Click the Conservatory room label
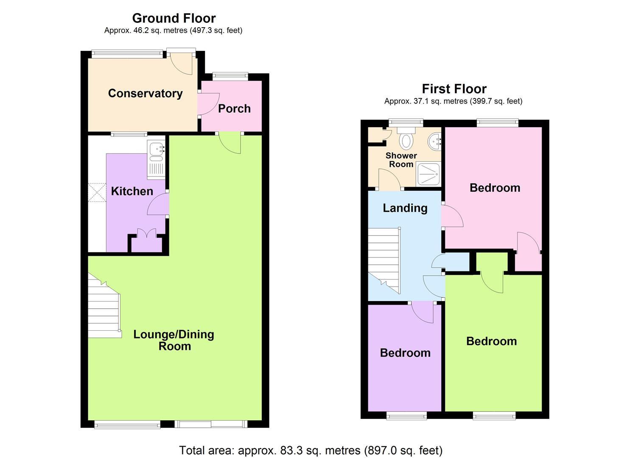click(x=145, y=93)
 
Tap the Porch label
click(x=234, y=109)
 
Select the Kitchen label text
click(x=132, y=191)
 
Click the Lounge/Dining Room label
click(x=174, y=340)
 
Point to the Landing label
click(x=405, y=208)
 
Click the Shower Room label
click(x=401, y=160)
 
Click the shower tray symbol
click(x=428, y=174)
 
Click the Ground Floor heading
click(x=174, y=18)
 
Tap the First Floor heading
click(x=454, y=89)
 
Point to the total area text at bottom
click(x=311, y=450)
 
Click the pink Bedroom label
click(x=495, y=188)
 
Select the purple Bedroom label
click(x=405, y=353)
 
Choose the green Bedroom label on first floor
click(x=491, y=341)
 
